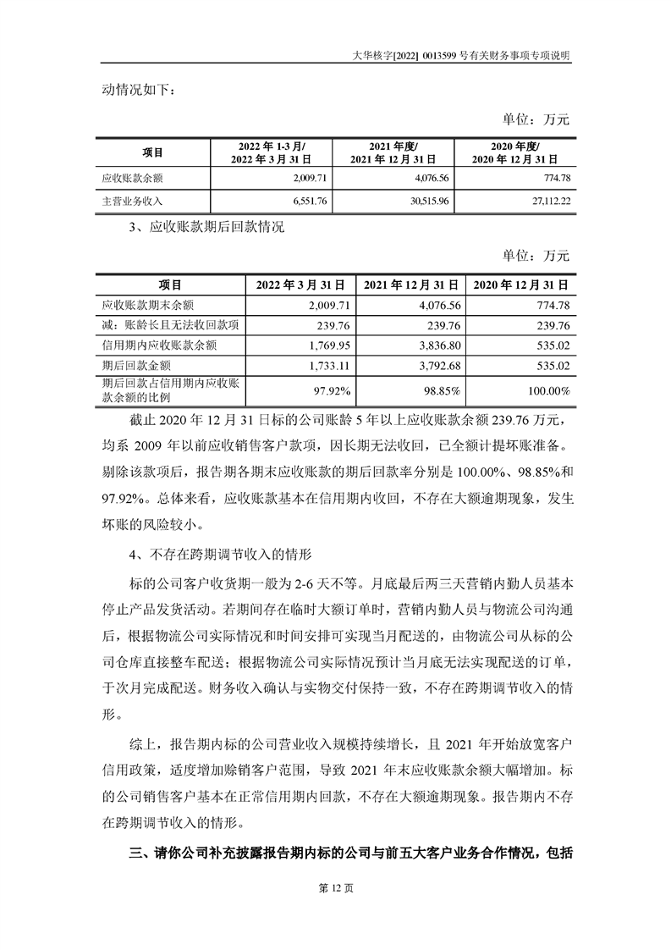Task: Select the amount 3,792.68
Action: [437, 365]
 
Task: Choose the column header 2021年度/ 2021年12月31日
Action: [393, 152]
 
